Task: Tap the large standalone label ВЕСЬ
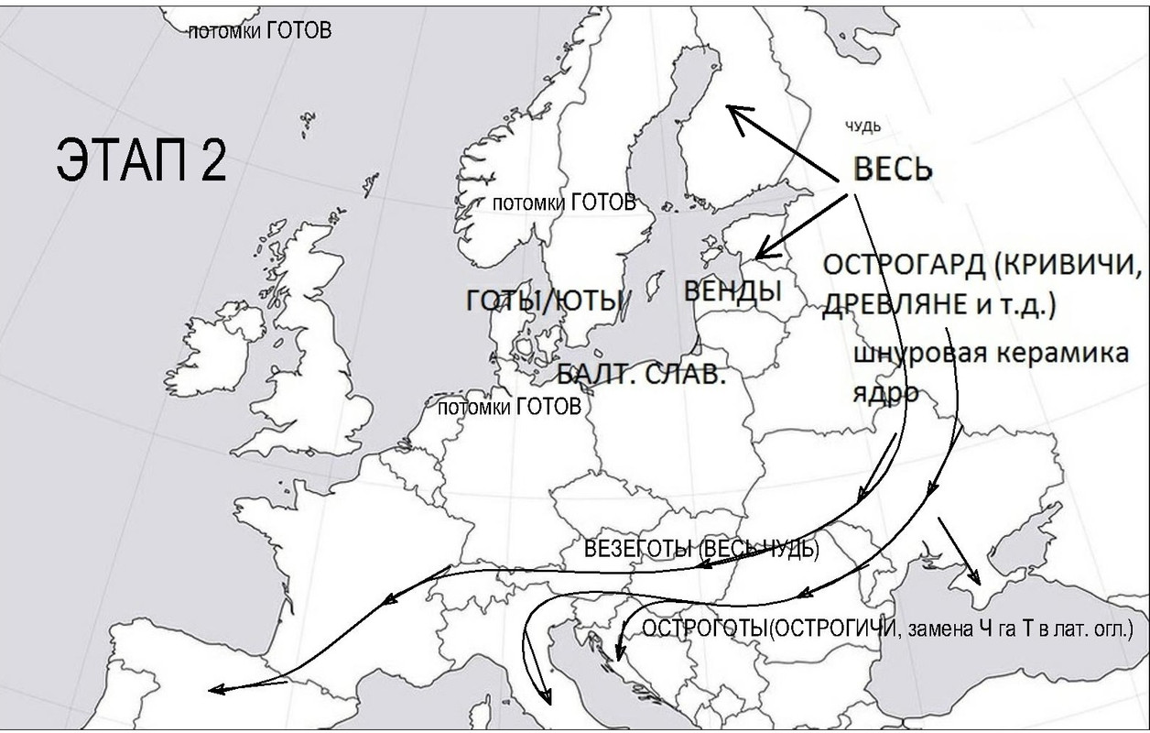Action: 893,170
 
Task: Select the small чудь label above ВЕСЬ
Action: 862,126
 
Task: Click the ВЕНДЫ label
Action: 733,291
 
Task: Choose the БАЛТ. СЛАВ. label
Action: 641,374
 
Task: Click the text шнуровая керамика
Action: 993,354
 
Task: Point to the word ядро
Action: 886,391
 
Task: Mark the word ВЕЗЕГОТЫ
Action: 639,549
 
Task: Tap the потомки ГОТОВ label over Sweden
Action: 564,202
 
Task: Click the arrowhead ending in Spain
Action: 216,690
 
